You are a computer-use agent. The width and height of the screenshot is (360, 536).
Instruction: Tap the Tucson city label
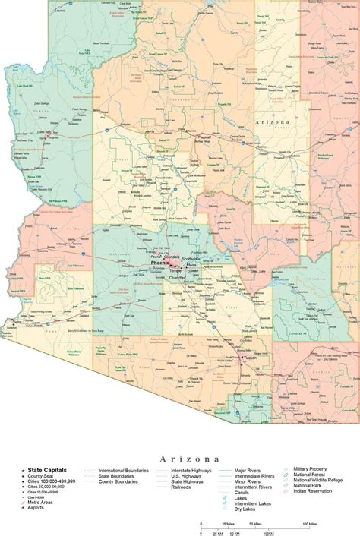tap(250, 358)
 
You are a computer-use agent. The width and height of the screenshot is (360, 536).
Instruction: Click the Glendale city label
tap(172, 257)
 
